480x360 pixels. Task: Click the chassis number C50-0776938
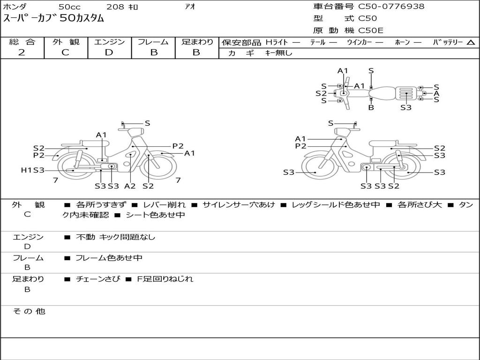391,6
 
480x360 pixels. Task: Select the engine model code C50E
370,30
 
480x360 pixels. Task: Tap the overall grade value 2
22,52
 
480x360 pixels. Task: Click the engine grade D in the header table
109,52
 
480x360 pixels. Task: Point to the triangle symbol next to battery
471,43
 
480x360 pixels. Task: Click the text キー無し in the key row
278,53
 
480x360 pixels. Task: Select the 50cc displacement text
69,7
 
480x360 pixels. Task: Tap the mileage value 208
115,7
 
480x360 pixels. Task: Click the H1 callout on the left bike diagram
26,170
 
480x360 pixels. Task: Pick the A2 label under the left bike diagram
130,186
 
